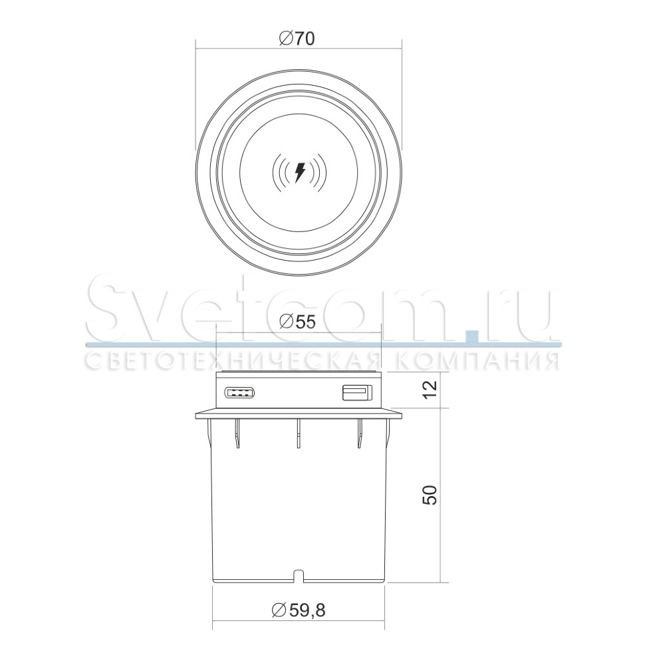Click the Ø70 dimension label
coord(297,39)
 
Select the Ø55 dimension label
coord(297,322)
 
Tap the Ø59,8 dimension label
coord(299,610)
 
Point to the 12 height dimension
coord(430,390)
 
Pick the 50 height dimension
coord(430,495)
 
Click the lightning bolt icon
coord(300,172)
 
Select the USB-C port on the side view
coord(239,393)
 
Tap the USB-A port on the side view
coord(358,392)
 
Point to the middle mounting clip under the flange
coord(299,433)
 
